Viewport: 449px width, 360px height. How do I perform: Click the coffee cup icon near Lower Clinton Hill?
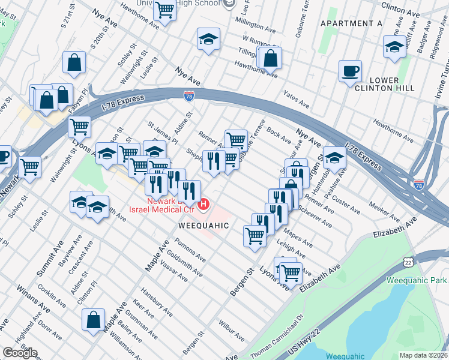350,71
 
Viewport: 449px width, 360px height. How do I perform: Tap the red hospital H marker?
204,205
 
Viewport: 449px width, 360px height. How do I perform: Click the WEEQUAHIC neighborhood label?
203,226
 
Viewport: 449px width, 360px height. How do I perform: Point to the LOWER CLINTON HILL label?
392,84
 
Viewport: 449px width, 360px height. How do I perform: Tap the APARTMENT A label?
352,23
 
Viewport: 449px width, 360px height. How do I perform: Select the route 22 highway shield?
408,262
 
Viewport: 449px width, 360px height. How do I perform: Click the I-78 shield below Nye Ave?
188,94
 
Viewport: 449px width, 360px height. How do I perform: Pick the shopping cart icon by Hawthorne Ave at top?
164,10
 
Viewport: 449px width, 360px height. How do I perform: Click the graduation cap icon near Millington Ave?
208,40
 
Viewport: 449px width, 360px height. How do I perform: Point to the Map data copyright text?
423,355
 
